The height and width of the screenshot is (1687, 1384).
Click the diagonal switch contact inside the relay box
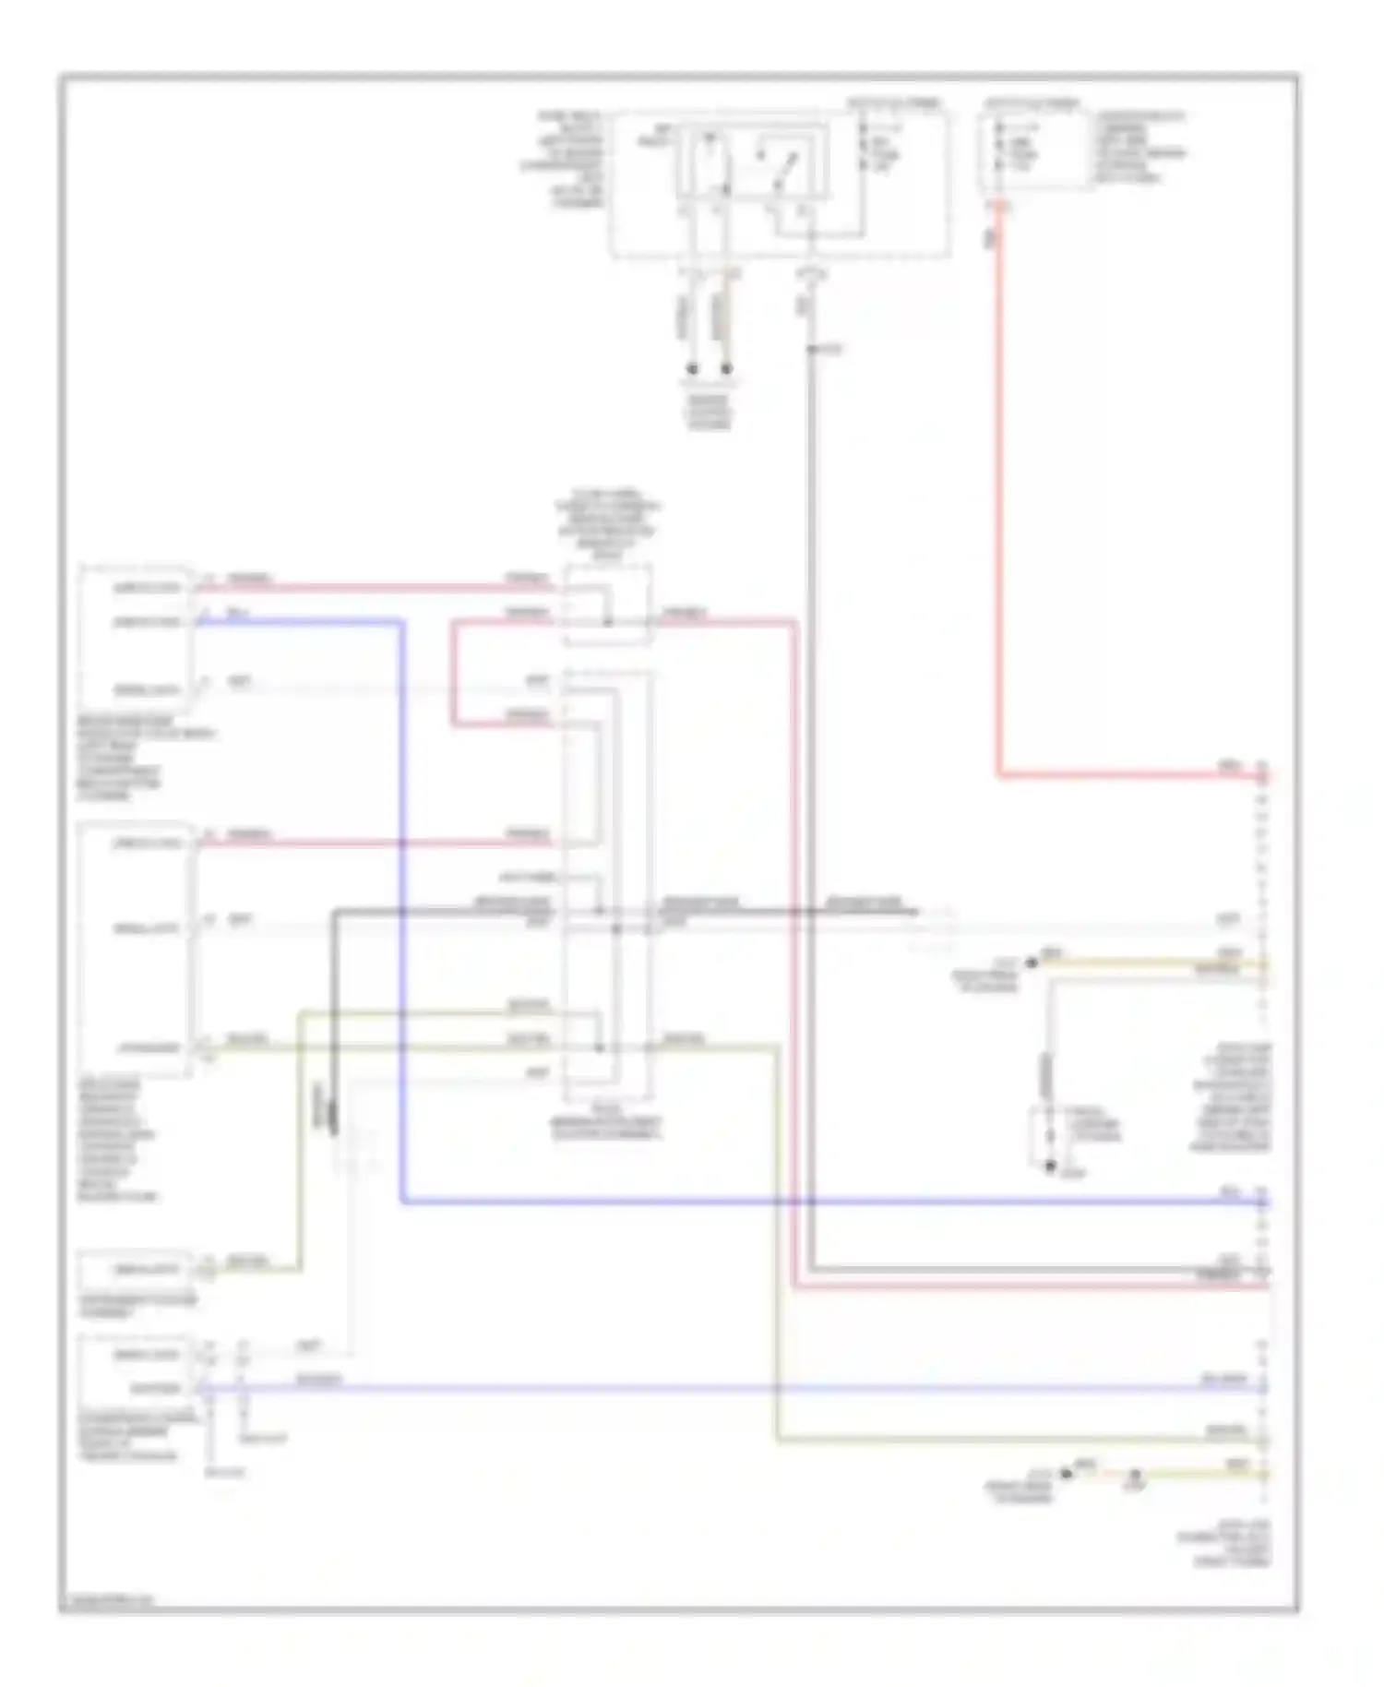tap(786, 170)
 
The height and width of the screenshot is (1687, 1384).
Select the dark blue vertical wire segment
tap(403, 914)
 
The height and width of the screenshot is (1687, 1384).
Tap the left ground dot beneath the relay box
tap(693, 369)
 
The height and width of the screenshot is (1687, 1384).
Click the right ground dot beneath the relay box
tap(727, 369)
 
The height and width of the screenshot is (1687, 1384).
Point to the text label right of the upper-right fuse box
tap(1140, 148)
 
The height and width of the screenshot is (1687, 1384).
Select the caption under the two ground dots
tap(709, 413)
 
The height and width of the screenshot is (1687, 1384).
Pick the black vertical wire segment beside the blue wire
tap(335, 1015)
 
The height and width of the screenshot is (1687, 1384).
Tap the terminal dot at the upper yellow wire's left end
tap(1032, 963)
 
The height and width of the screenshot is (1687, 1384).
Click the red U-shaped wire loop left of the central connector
tap(454, 674)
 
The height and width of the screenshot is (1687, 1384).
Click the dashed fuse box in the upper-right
tap(1033, 148)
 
